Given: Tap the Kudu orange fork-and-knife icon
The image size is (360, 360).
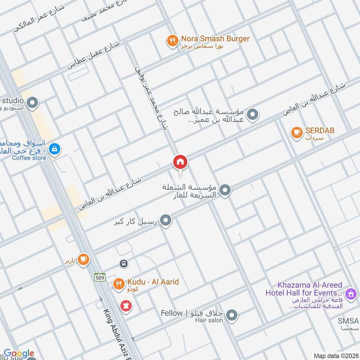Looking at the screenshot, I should pos(118,284).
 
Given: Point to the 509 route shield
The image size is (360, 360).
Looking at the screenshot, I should pos(99,277).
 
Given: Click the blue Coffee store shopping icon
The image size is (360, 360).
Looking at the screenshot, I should pos(54,148).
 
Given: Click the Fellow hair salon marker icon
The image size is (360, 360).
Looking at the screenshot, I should pos(232,316).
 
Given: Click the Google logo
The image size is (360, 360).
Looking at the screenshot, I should pos(19,353).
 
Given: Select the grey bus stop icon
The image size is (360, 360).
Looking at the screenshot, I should pos(123,263).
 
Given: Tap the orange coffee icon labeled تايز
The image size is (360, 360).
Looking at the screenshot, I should pos(83,259).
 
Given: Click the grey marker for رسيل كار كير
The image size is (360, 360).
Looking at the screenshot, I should pos(166,220).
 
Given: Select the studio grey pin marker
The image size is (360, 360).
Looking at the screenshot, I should pos(31,104).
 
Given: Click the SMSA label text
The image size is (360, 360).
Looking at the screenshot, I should pos(349,321).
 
